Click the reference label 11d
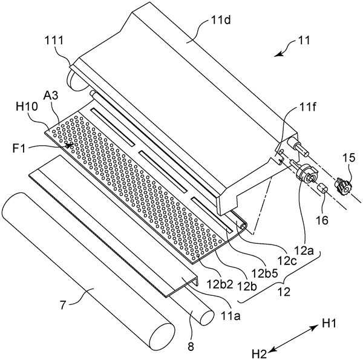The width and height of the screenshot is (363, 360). [221, 21]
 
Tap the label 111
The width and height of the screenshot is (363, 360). [54, 41]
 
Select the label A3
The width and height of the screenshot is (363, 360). [51, 95]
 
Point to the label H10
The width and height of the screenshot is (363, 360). [26, 107]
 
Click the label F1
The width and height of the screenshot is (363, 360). [19, 148]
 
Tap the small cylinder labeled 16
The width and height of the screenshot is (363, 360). [322, 189]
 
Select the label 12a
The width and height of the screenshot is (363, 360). [304, 250]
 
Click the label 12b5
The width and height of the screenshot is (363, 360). [264, 274]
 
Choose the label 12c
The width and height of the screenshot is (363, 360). [287, 261]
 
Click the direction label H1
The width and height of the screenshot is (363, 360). [329, 323]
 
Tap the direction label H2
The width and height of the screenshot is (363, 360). [260, 354]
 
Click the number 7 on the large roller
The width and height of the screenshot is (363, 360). [64, 306]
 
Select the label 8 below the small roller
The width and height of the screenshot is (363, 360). [191, 347]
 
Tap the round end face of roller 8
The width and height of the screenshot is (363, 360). [206, 317]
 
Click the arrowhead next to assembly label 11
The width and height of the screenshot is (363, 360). [278, 54]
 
